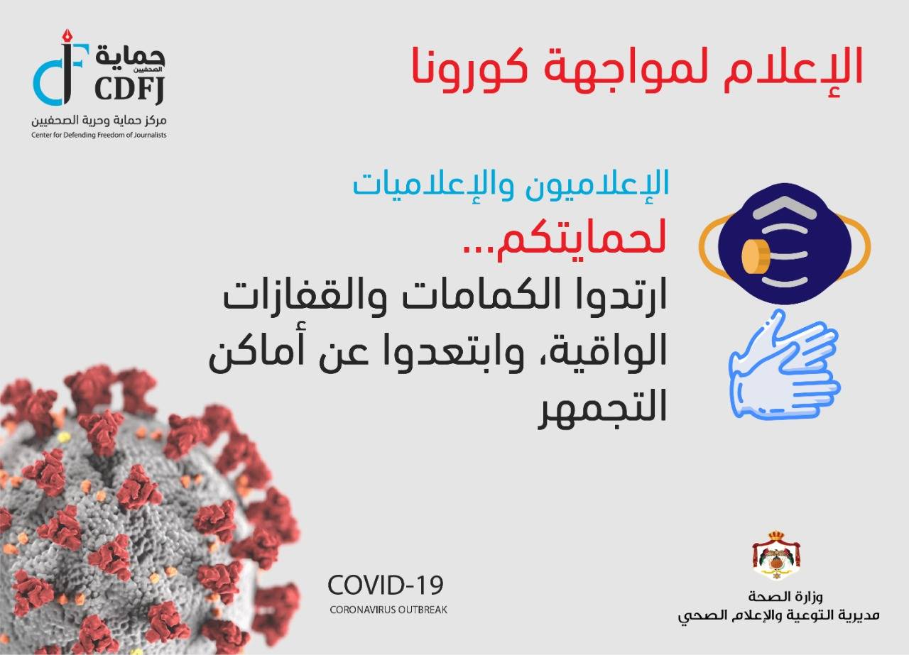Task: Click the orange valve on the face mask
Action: point(755,256)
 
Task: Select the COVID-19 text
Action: point(385,585)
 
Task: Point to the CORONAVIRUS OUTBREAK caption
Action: point(388,610)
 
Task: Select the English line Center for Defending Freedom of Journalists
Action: point(99,135)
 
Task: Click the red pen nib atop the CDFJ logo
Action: point(67,36)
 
